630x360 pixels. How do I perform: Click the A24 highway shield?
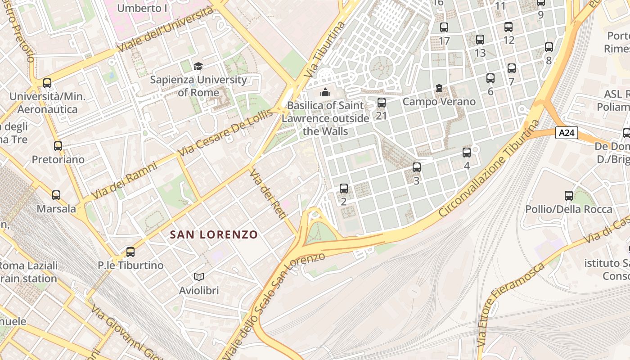(567, 133)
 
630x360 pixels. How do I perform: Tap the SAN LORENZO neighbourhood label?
(214, 234)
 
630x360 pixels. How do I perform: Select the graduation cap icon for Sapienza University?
(198, 67)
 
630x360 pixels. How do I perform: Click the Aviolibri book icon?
(199, 277)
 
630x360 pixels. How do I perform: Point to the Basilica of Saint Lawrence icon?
(325, 92)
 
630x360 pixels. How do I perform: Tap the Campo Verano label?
(439, 102)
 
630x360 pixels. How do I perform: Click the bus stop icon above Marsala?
(56, 195)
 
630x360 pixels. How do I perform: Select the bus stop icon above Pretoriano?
(58, 146)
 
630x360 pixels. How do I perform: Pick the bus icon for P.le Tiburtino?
(130, 252)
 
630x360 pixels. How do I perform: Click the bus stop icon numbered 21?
(382, 103)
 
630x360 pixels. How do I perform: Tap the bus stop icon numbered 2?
(344, 188)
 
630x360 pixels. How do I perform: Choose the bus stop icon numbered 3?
(417, 167)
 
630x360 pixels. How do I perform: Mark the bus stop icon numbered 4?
(467, 152)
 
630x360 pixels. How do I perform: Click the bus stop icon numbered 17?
(444, 27)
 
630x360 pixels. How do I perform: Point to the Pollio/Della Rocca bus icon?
(569, 195)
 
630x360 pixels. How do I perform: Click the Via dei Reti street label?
(268, 194)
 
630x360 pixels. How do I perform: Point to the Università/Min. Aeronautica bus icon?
(47, 83)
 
